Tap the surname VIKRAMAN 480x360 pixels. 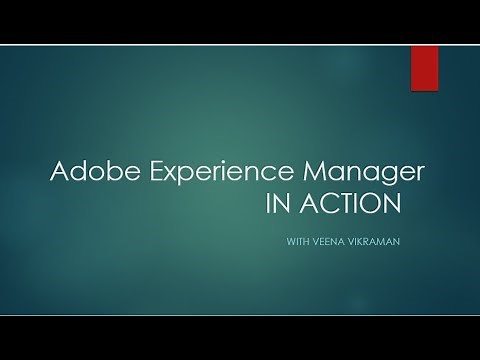tap(377, 240)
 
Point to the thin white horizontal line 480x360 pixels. tap(240, 314)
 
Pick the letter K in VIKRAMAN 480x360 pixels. tap(364, 240)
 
